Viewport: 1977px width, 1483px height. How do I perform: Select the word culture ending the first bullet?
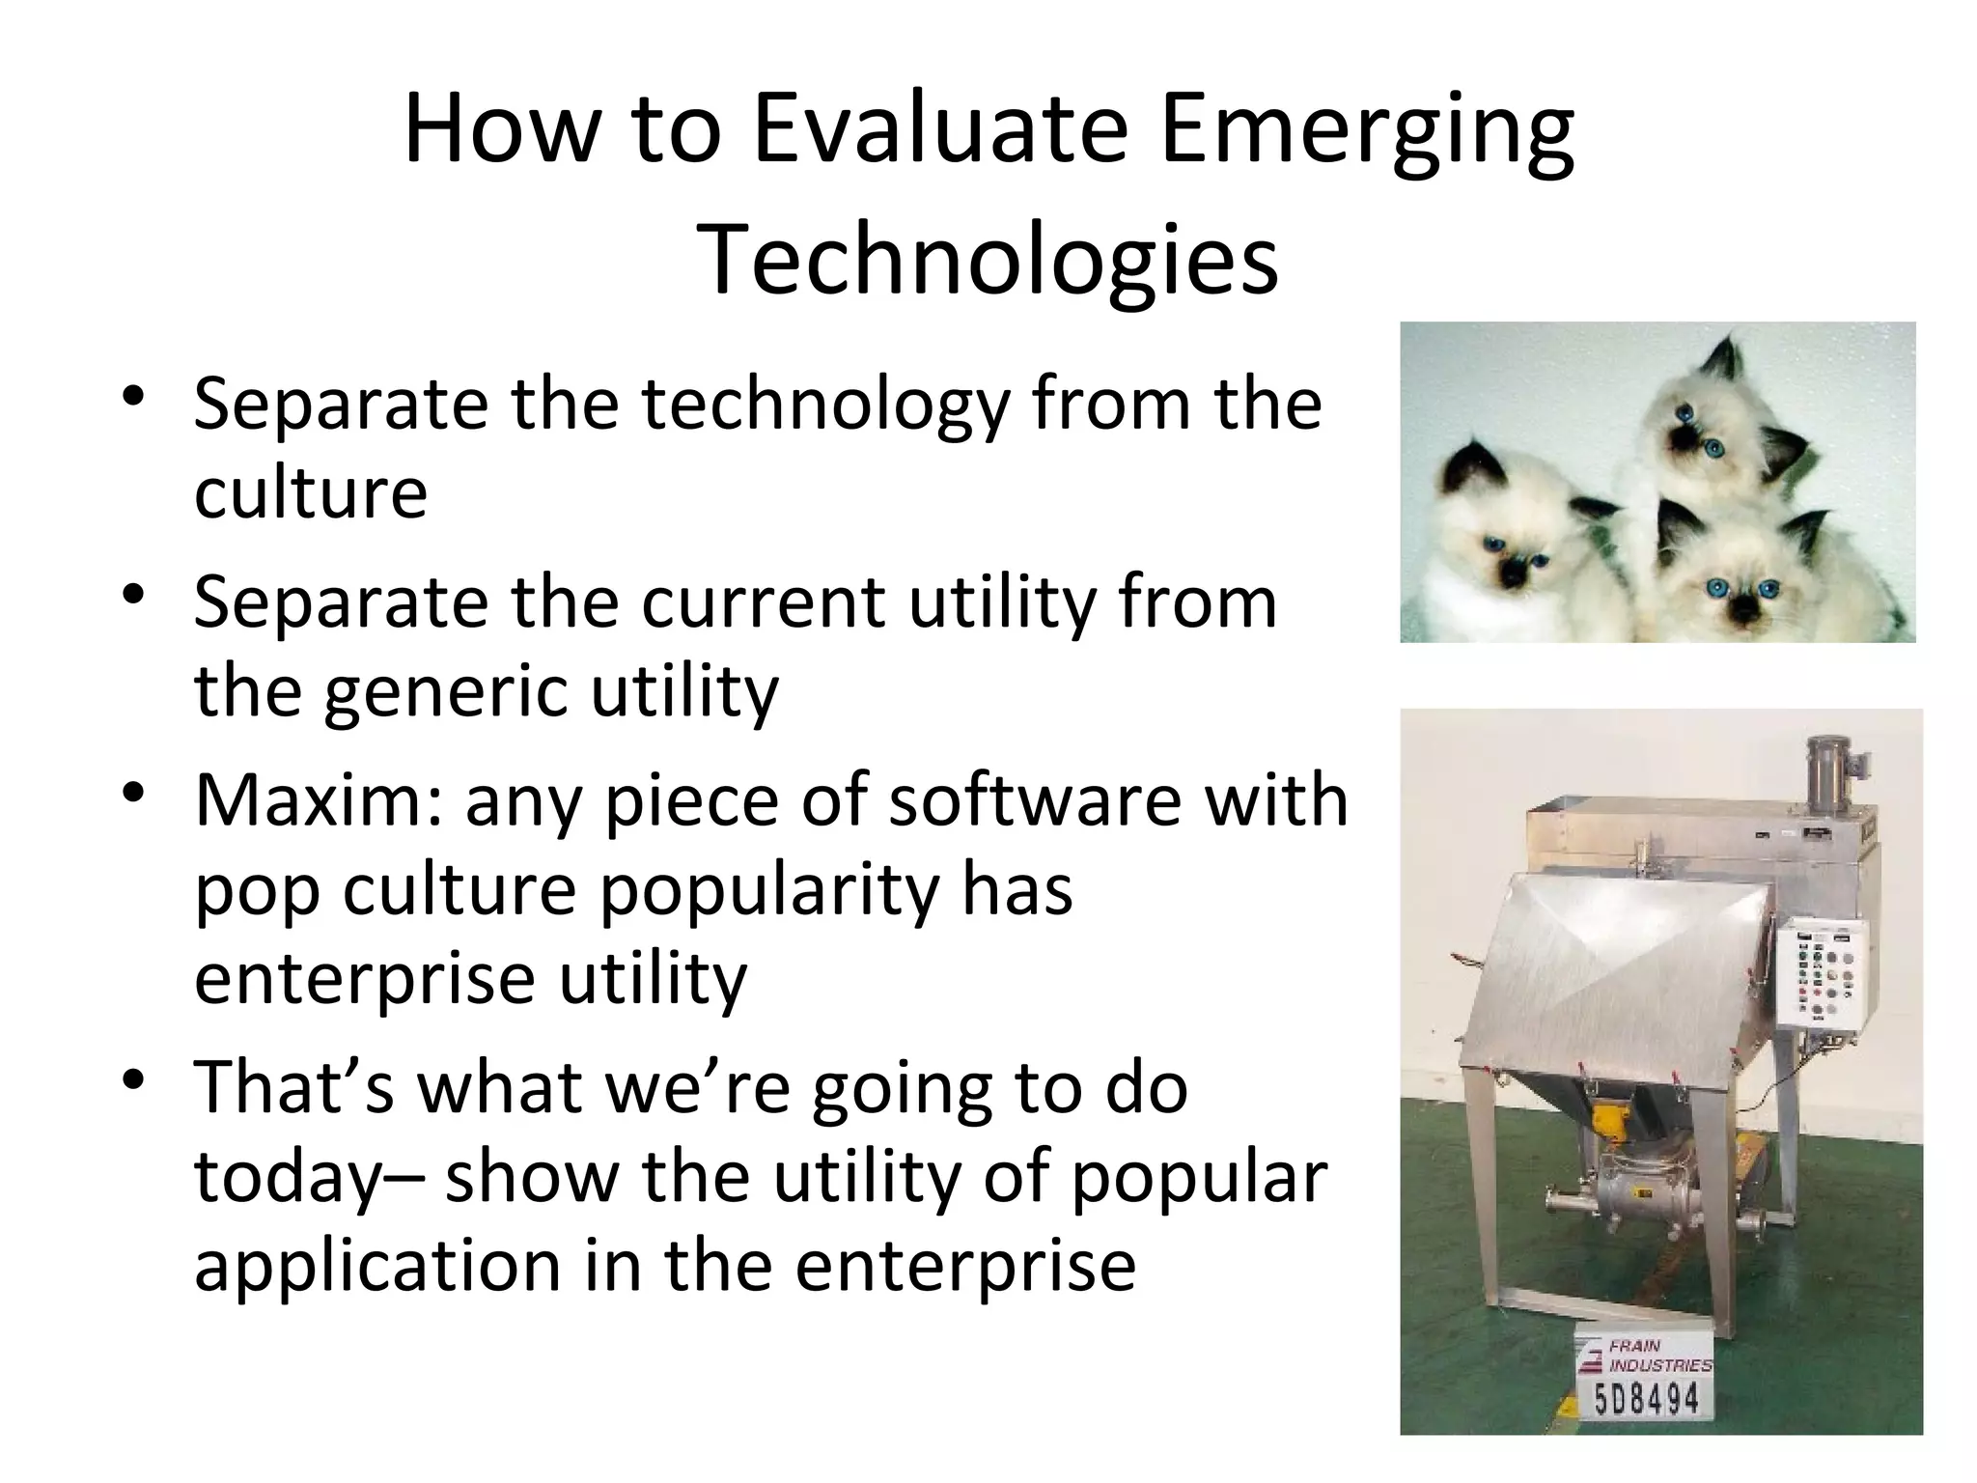pyautogui.click(x=310, y=492)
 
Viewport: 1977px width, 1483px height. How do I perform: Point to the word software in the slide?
pyautogui.click(x=1034, y=801)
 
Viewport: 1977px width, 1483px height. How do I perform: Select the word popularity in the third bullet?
pyautogui.click(x=768, y=889)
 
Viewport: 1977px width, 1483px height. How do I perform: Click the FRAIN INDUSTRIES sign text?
pyautogui.click(x=1658, y=1356)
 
